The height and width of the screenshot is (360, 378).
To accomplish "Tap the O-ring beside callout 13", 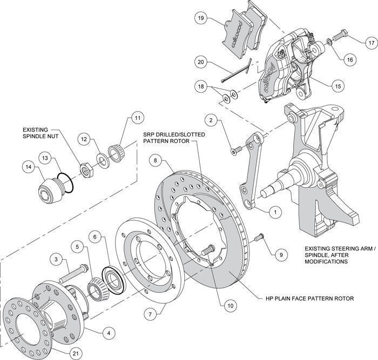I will click(x=65, y=182).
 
